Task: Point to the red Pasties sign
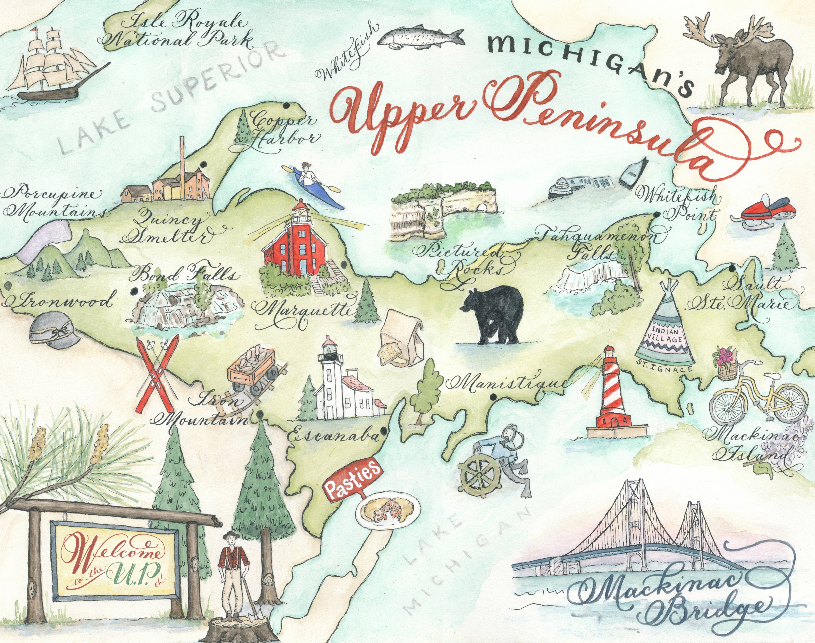pyautogui.click(x=352, y=484)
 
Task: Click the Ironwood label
pyautogui.click(x=60, y=301)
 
